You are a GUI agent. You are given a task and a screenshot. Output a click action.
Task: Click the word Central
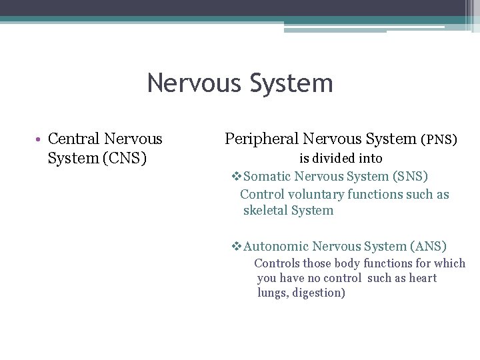pos(75,139)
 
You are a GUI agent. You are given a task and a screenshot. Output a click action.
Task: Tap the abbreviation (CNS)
pos(125,159)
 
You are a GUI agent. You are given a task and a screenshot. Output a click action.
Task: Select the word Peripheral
pos(261,139)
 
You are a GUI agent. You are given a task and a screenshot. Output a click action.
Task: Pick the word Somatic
pos(267,177)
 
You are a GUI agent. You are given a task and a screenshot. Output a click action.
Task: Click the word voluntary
pos(311,195)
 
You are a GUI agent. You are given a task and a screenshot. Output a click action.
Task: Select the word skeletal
pos(265,211)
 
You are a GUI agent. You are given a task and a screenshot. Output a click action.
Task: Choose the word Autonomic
pos(276,247)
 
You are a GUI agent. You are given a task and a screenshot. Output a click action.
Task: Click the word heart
pos(423,278)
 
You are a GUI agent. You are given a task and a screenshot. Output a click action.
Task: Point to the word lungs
pos(271,293)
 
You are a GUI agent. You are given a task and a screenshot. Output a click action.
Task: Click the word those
pos(317,263)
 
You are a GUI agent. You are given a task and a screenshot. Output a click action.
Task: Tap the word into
pos(370,159)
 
